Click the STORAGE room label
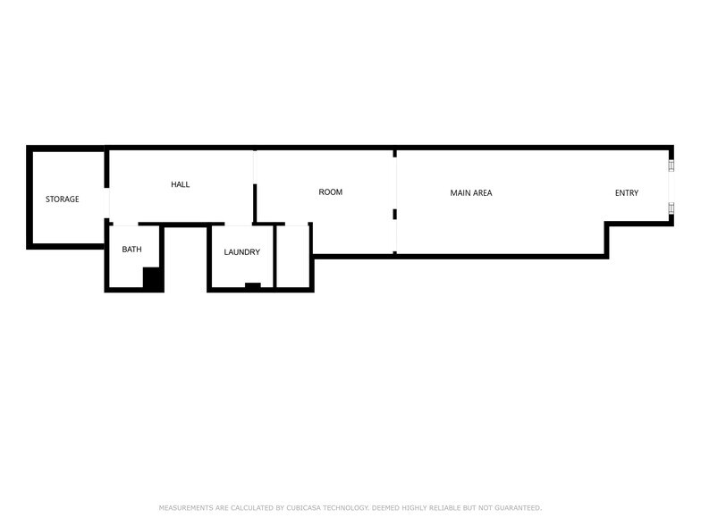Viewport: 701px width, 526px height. click(x=63, y=199)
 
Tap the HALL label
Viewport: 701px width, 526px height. click(x=181, y=185)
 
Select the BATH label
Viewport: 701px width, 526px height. click(x=131, y=250)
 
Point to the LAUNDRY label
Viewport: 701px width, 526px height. click(x=241, y=252)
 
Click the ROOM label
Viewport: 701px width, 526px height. click(x=331, y=192)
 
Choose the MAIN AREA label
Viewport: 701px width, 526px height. click(x=471, y=193)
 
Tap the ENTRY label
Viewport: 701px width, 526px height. click(x=627, y=193)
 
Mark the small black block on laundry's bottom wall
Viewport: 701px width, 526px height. click(x=253, y=285)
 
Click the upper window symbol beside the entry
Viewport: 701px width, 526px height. click(x=671, y=165)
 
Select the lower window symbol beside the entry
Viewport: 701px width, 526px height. click(x=671, y=208)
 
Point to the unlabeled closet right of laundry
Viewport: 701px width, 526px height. click(x=292, y=257)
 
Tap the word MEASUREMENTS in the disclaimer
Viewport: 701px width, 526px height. click(x=186, y=508)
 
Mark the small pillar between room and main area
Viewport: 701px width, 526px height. click(x=395, y=214)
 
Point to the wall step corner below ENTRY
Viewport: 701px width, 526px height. click(x=607, y=225)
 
